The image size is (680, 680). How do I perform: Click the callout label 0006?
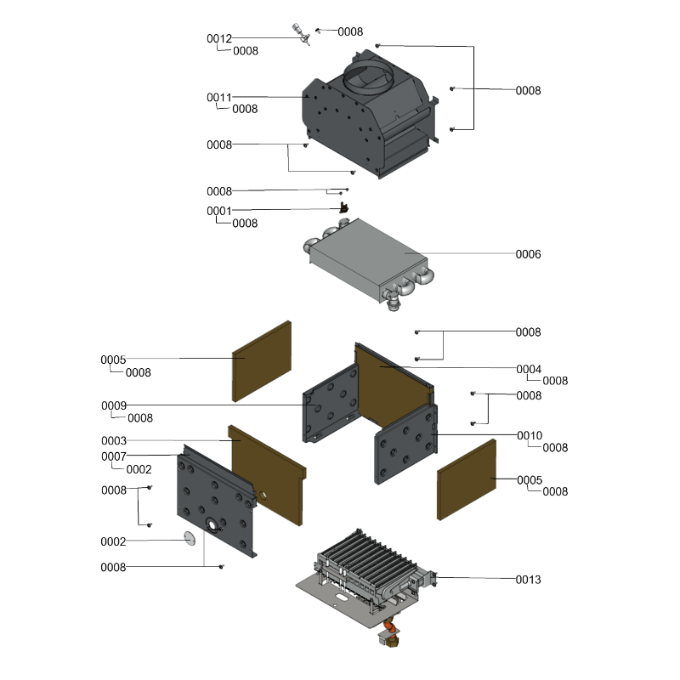point(528,254)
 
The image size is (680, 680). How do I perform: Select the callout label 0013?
point(528,580)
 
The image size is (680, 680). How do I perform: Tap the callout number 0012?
point(219,38)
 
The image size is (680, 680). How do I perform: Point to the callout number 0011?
point(219,97)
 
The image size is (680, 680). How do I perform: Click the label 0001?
point(219,211)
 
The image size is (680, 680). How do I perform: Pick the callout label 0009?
point(114,405)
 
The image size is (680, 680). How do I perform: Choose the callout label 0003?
point(114,440)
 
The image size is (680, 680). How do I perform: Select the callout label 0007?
point(114,456)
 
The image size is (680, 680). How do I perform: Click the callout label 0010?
point(530,435)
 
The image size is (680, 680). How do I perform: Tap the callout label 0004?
point(529,369)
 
